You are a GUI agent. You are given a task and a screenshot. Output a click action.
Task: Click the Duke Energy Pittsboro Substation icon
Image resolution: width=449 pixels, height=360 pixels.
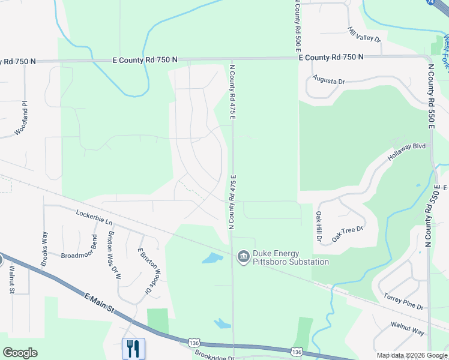tap(244, 257)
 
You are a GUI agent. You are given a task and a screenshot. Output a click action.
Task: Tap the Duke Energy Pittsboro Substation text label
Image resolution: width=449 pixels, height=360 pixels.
tap(291, 257)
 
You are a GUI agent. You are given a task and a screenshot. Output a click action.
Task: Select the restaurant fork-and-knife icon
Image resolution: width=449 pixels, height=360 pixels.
tap(133, 348)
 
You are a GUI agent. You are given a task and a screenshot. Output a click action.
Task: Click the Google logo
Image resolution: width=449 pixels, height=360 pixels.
tap(20, 353)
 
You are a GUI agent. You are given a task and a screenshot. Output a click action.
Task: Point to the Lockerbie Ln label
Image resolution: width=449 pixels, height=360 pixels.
tap(94, 217)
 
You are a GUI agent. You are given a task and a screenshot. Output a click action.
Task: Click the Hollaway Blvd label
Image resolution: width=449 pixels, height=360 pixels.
tap(406, 150)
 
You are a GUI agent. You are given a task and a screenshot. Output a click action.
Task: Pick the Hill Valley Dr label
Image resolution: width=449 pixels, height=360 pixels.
tap(364, 34)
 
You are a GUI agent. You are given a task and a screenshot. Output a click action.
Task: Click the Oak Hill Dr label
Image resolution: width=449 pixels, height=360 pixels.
tap(319, 226)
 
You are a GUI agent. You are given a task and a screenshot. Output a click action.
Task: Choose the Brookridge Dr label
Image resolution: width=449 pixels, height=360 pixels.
tap(214, 356)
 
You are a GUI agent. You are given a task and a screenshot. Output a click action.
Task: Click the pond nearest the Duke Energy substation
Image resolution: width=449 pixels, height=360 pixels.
tap(211, 259)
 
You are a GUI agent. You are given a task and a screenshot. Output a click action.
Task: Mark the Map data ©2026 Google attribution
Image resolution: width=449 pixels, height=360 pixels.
tap(411, 355)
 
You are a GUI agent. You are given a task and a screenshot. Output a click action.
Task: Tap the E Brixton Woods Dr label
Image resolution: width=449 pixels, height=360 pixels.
tap(143, 272)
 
